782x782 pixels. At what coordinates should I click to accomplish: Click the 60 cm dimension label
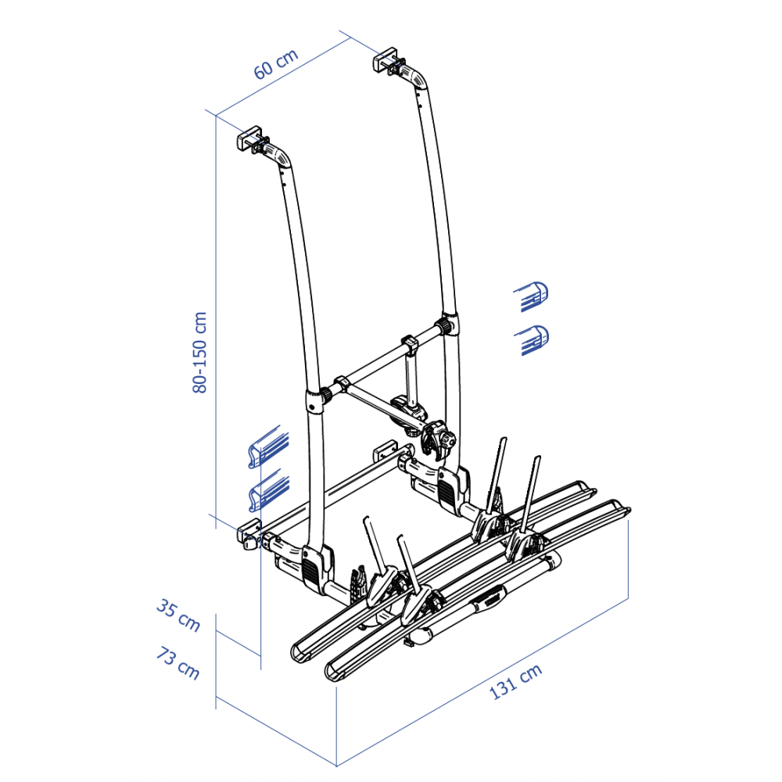(276, 64)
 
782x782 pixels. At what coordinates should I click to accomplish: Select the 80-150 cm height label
(199, 353)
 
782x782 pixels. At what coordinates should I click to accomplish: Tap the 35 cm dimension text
(178, 615)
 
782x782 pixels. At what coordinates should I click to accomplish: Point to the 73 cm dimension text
(178, 663)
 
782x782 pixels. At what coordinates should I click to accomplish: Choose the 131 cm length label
(515, 682)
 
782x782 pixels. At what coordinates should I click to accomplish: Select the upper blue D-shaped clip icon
(532, 296)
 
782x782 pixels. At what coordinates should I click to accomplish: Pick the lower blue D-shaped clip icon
(532, 340)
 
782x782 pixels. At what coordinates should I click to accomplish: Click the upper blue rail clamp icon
(268, 447)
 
